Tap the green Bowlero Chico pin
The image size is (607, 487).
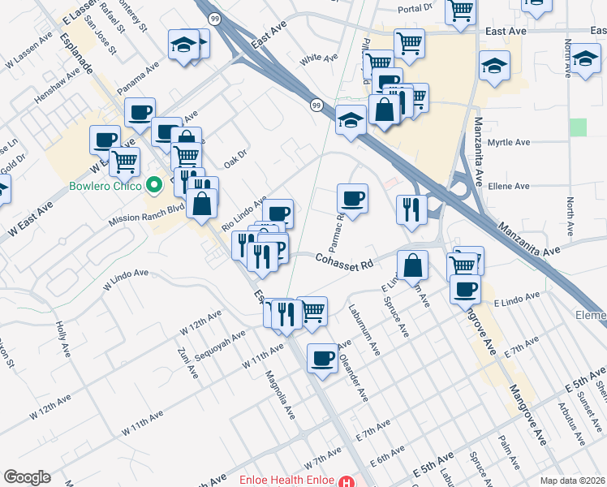click(153, 184)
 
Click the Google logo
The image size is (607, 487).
click(27, 478)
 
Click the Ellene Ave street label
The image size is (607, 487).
click(509, 186)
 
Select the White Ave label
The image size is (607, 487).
click(318, 58)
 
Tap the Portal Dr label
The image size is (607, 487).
click(419, 10)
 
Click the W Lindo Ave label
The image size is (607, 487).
click(125, 280)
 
